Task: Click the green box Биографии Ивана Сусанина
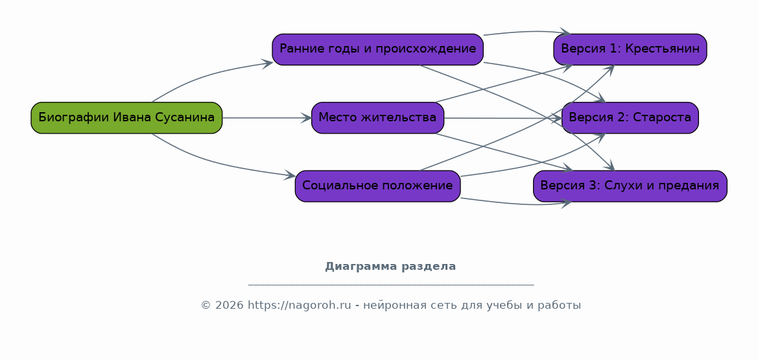(126, 117)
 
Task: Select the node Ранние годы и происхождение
(377, 49)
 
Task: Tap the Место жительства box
(377, 117)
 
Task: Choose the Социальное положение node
(377, 186)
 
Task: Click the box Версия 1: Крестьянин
(630, 49)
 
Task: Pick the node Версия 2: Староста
(630, 117)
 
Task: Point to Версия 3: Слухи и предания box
(630, 186)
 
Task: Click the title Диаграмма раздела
(390, 266)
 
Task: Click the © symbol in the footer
(206, 306)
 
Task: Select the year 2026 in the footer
(230, 306)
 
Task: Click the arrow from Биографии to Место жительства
(267, 117)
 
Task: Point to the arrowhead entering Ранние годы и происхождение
(268, 64)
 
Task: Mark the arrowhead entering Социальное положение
(290, 175)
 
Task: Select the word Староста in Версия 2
(664, 117)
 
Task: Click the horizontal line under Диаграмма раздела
(390, 285)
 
